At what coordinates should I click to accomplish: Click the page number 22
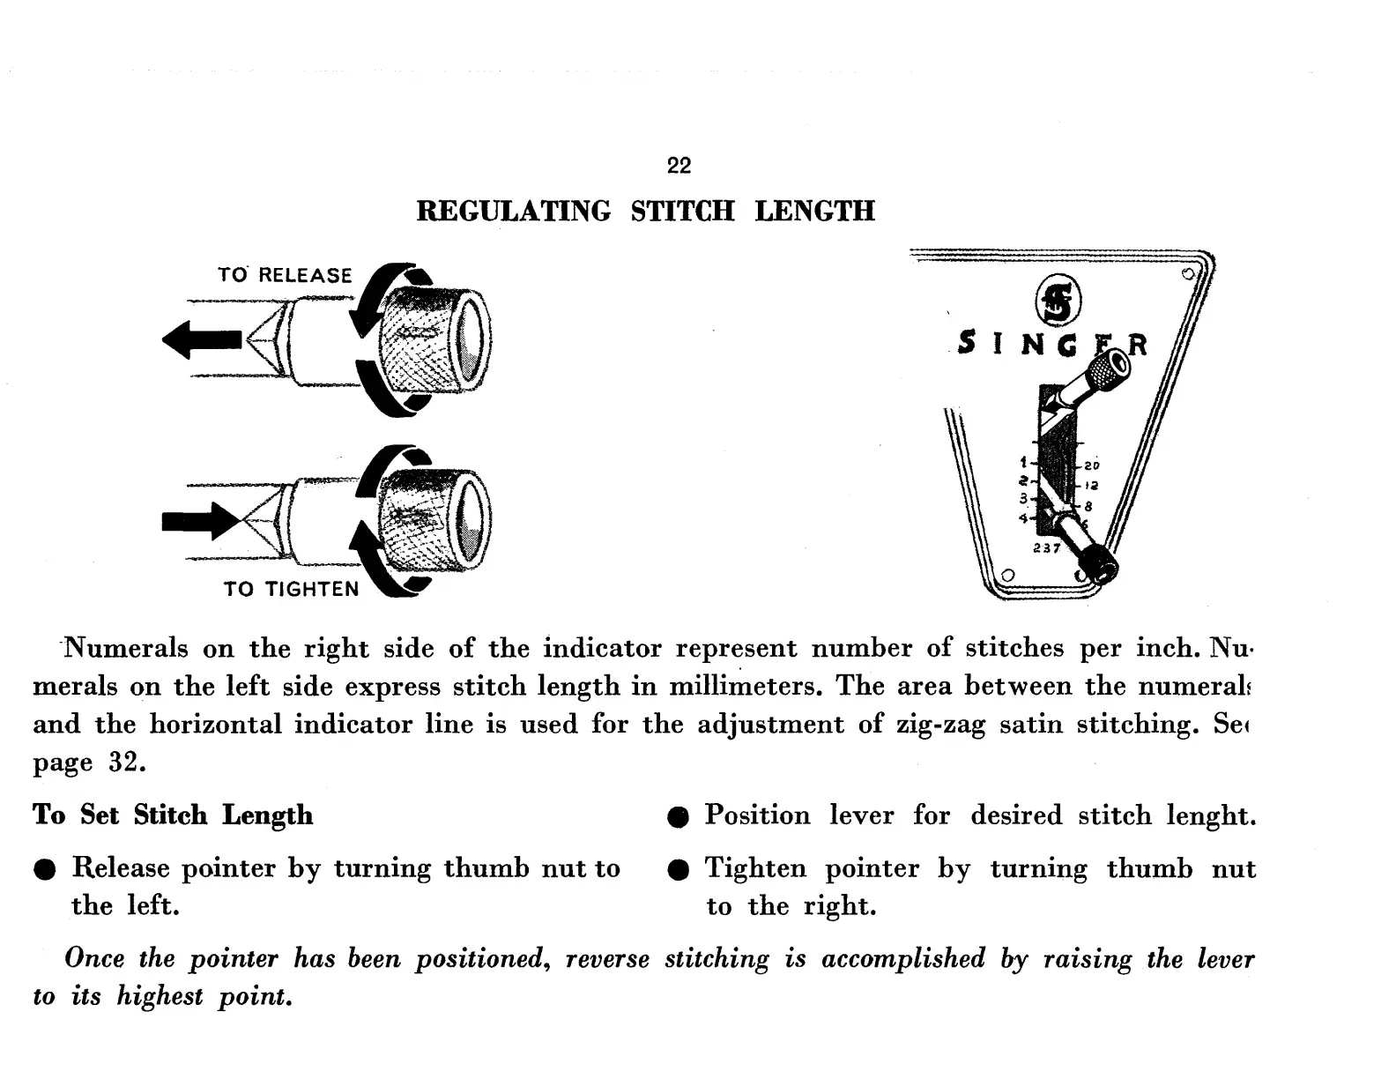[679, 166]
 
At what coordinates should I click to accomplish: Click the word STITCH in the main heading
[682, 212]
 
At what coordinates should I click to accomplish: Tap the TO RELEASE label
[285, 275]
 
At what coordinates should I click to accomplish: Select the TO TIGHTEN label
[292, 589]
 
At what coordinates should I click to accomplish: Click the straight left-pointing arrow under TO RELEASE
[202, 339]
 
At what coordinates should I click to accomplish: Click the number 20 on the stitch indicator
[1092, 465]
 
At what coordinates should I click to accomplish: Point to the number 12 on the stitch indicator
[1091, 486]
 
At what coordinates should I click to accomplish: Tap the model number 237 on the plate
[1047, 548]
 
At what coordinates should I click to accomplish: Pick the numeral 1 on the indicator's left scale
[1023, 461]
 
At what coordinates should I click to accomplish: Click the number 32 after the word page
[125, 763]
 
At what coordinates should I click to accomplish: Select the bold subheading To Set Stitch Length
[173, 815]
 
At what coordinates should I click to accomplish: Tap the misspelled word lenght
[1210, 815]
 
